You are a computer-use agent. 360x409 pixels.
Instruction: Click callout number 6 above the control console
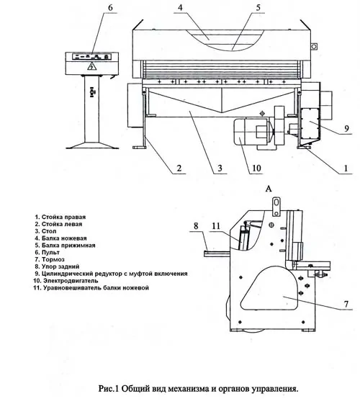tap(110, 8)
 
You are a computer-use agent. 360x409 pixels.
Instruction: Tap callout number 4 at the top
tap(180, 8)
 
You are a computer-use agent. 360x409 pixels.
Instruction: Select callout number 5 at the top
tap(258, 8)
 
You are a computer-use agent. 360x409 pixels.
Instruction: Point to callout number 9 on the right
tap(346, 128)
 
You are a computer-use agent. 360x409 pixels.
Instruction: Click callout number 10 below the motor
tap(256, 168)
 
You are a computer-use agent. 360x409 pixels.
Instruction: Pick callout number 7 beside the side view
tap(346, 304)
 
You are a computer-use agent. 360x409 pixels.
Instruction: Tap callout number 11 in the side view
tap(216, 225)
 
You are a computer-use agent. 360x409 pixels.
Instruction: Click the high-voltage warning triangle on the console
tap(92, 66)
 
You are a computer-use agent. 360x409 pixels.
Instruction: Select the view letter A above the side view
tap(269, 189)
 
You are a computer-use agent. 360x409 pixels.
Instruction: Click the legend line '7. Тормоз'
tap(50, 259)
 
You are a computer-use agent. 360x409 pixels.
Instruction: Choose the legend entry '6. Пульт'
tap(48, 253)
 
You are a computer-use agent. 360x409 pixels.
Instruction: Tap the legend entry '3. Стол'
tap(45, 231)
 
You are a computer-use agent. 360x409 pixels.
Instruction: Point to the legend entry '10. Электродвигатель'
tap(66, 281)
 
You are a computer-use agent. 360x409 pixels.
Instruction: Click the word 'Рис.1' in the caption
tap(109, 388)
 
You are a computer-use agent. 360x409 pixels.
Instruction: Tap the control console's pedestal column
tap(92, 109)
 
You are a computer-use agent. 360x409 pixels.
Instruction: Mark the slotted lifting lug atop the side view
tap(276, 207)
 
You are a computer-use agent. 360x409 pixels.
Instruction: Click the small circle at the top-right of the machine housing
tap(314, 47)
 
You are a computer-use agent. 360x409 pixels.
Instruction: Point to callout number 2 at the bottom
tap(179, 168)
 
